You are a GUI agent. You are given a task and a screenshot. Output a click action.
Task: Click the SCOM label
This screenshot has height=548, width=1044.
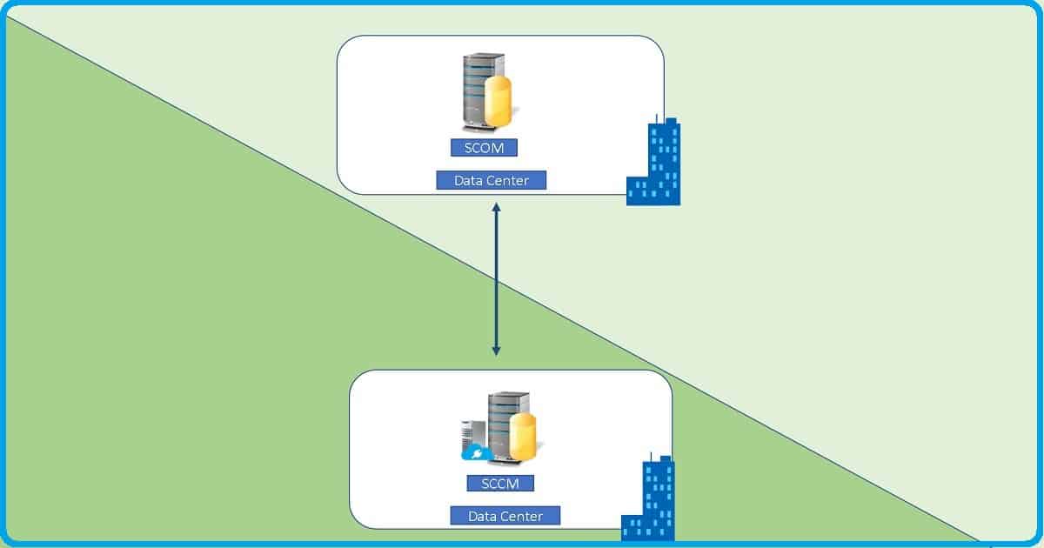[x=484, y=148]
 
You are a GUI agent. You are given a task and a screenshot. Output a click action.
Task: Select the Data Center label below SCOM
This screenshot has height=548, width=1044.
[x=492, y=181]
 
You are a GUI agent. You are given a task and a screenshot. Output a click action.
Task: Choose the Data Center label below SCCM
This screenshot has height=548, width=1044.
[x=505, y=516]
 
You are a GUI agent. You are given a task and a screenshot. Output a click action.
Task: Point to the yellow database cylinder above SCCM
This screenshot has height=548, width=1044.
[x=522, y=439]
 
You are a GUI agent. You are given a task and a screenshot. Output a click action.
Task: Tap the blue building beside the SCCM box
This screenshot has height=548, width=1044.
[x=654, y=501]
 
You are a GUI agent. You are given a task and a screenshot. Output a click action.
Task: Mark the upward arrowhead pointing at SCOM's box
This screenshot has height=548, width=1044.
[x=496, y=209]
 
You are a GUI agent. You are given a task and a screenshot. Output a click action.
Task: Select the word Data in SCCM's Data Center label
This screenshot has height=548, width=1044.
[x=484, y=516]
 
